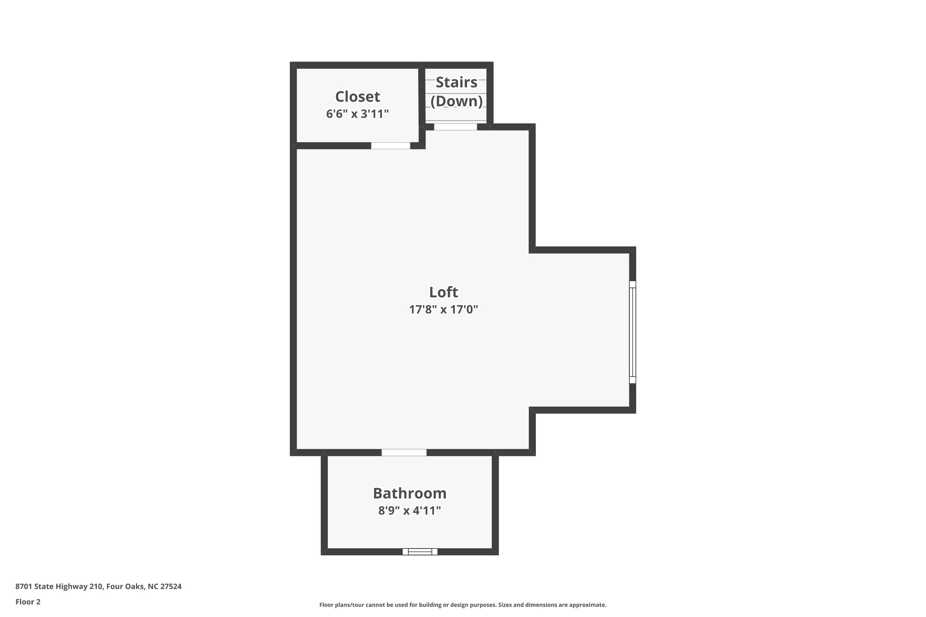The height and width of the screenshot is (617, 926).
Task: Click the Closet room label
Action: click(x=357, y=97)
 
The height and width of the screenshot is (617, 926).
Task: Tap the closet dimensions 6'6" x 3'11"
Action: click(x=357, y=114)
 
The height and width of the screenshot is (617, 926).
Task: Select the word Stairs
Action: click(x=456, y=83)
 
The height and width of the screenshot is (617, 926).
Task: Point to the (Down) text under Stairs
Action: click(x=456, y=101)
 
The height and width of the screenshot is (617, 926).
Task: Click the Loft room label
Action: click(x=443, y=292)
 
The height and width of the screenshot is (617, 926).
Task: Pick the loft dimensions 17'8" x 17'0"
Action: click(x=443, y=310)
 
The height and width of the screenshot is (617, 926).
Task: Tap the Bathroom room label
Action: click(x=409, y=493)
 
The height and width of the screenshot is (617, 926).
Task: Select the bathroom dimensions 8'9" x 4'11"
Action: click(x=409, y=511)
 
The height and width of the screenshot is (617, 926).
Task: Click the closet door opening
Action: click(x=391, y=146)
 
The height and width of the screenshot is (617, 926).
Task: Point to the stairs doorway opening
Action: click(x=455, y=127)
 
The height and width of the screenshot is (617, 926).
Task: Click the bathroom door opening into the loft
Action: click(x=404, y=452)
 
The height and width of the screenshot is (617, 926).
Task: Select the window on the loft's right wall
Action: click(x=633, y=332)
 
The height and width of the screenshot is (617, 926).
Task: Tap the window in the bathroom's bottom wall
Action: click(x=420, y=551)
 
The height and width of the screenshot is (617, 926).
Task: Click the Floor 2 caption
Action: click(x=28, y=602)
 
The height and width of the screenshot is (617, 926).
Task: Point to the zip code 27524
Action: click(x=171, y=587)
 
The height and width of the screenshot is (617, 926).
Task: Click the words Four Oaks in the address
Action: click(x=126, y=587)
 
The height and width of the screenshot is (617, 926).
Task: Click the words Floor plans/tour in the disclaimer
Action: click(x=338, y=605)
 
